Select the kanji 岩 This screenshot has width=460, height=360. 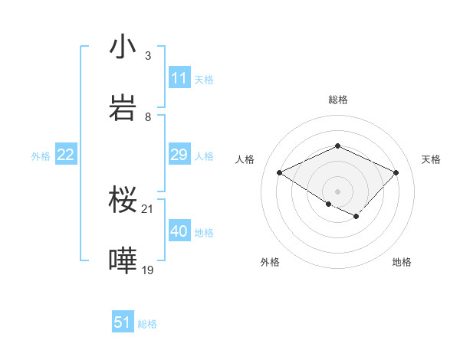coord(123,108)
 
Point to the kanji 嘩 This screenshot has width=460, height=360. coord(123,261)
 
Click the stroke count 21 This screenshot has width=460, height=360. coord(148,208)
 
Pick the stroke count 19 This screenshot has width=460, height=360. coord(148,270)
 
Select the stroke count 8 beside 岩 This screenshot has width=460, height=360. coord(148,116)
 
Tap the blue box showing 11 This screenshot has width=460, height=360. coord(179,78)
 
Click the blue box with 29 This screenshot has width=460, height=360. coord(179,155)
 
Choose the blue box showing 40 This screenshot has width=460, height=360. coord(179,232)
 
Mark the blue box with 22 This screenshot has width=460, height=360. coord(66,155)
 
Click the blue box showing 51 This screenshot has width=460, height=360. coord(123,322)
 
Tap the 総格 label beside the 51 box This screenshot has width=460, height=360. coord(147,324)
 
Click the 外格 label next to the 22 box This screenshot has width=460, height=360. coord(41,156)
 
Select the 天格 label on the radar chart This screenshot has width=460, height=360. coord(431,159)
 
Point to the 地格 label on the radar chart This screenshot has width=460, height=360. coord(402,262)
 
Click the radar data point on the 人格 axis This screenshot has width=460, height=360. coord(280,173)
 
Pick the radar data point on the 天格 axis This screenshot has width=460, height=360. coord(396,173)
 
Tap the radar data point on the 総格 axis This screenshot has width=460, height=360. coord(337,146)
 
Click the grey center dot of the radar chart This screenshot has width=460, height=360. coord(337,191)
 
